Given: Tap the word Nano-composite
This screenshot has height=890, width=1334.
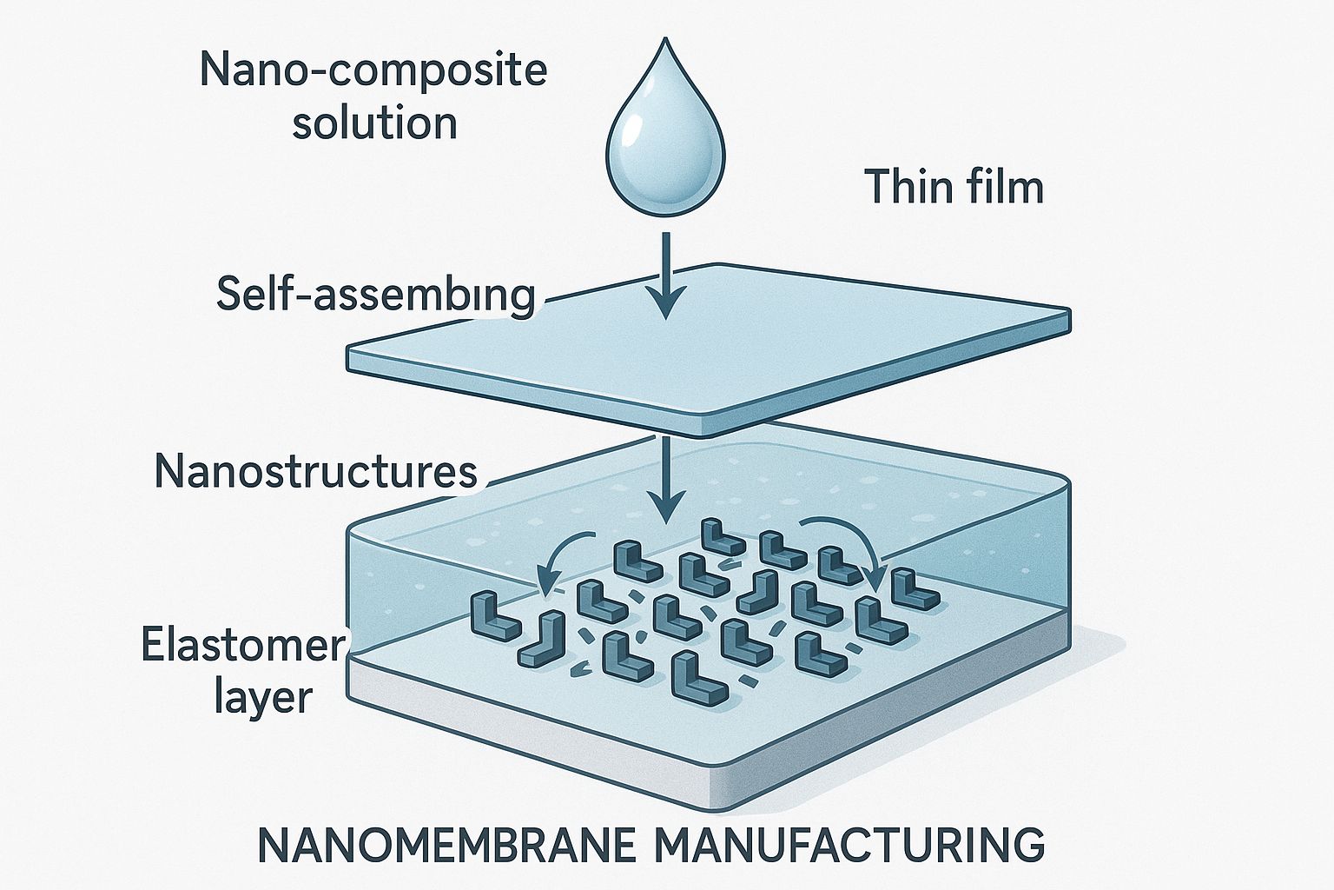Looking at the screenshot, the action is [x=373, y=70].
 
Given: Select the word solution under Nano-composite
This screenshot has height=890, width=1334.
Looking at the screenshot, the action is [x=374, y=123].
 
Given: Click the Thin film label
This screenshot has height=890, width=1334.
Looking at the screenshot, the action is [x=954, y=187].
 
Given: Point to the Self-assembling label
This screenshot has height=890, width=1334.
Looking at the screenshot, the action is [x=375, y=295].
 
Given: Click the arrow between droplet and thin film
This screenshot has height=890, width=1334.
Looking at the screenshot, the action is [x=666, y=276].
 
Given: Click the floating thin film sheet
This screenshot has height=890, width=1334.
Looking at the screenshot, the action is [x=709, y=349].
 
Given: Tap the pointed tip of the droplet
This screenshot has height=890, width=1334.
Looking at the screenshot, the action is [x=665, y=38].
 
